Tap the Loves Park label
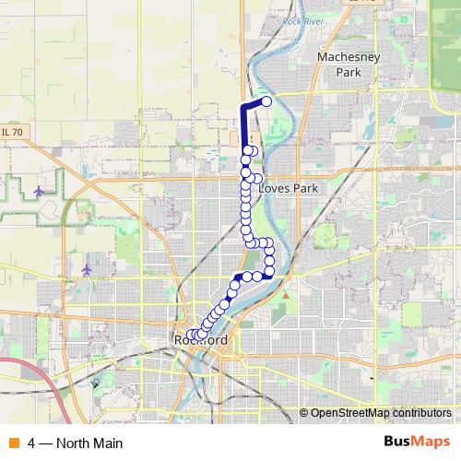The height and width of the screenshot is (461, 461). coord(287,187)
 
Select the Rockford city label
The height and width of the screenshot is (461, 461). coord(200,341)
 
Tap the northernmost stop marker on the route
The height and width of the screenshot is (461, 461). coord(267,101)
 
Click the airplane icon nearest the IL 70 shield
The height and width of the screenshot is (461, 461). coord(38,191)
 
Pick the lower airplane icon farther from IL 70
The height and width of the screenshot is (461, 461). coord(86,269)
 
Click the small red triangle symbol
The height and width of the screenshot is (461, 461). coord(286,295)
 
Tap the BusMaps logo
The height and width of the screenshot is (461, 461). coord(416,442)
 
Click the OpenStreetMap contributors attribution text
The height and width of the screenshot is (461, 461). coord(381,412)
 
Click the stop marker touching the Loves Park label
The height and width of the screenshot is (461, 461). coord(257,179)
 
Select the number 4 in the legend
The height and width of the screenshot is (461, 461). coord(32,443)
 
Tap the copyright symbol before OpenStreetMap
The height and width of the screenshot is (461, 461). coord(304,412)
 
